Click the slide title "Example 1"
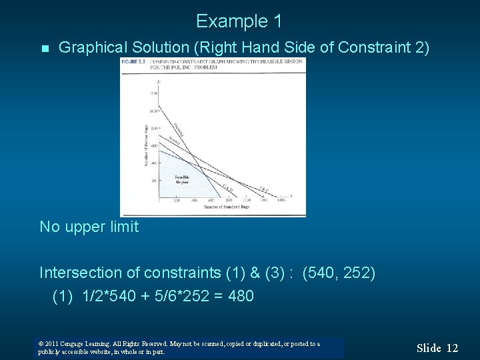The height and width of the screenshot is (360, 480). pyautogui.click(x=239, y=21)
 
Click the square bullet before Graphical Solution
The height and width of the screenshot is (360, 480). pyautogui.click(x=44, y=49)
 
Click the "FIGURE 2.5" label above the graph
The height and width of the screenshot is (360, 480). pyautogui.click(x=130, y=61)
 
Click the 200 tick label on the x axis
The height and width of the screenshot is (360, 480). pyautogui.click(x=177, y=200)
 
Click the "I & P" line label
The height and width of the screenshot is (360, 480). pyautogui.click(x=264, y=189)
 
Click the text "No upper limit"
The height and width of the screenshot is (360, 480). pyautogui.click(x=89, y=227)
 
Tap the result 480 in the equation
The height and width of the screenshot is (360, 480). pyautogui.click(x=240, y=295)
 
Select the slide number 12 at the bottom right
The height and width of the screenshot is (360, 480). pyautogui.click(x=452, y=347)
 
